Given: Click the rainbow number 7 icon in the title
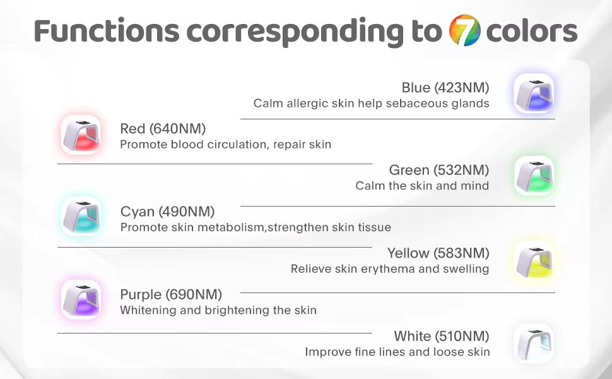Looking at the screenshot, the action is pyautogui.click(x=464, y=30).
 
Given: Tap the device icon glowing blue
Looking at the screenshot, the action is pyautogui.click(x=534, y=93).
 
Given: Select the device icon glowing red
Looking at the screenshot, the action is pyautogui.click(x=81, y=135).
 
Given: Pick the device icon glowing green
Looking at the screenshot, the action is pyautogui.click(x=534, y=176).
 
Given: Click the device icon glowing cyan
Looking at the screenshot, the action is pyautogui.click(x=81, y=217).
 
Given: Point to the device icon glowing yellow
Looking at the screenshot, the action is pyautogui.click(x=534, y=260).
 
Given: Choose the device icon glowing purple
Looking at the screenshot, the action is pyautogui.click(x=81, y=299).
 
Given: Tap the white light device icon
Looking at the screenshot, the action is pyautogui.click(x=534, y=344).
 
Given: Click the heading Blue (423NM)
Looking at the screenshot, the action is pyautogui.click(x=445, y=88).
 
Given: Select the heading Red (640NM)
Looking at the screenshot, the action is pyautogui.click(x=163, y=129).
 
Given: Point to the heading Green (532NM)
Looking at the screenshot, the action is pyautogui.click(x=439, y=170).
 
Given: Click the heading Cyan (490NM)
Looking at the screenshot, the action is pyautogui.click(x=167, y=212).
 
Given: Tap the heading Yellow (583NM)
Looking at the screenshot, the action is pyautogui.click(x=438, y=253).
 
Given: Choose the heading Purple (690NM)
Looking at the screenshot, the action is pyautogui.click(x=171, y=294).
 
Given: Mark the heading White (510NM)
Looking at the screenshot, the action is pyautogui.click(x=442, y=336).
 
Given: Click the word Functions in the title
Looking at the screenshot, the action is pyautogui.click(x=107, y=31).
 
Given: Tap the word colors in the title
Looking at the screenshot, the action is pyautogui.click(x=532, y=31).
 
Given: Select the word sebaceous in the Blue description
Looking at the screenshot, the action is pyautogui.click(x=416, y=103).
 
